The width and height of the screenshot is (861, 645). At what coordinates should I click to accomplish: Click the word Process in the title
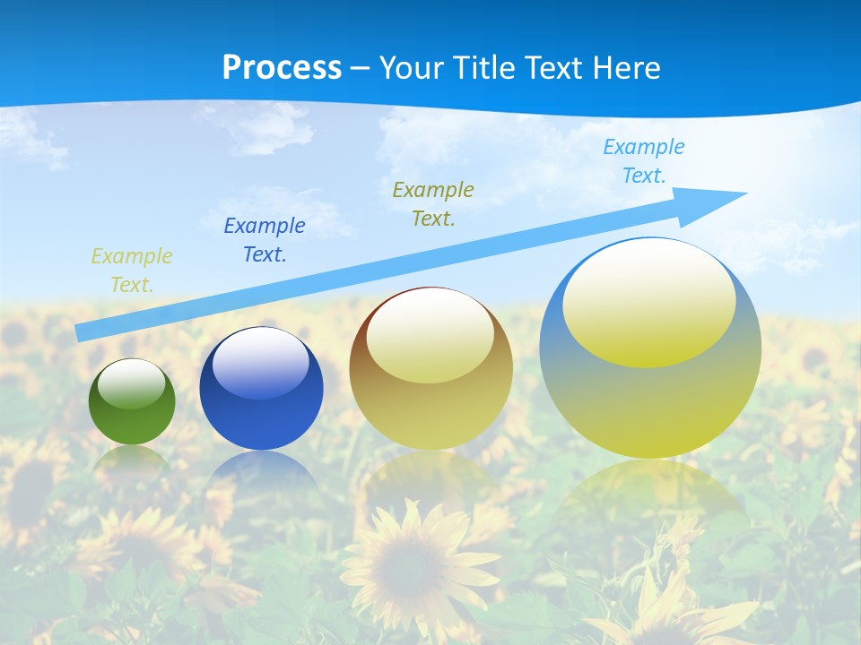coord(282,68)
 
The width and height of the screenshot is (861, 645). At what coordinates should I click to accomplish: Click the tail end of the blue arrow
coord(81,332)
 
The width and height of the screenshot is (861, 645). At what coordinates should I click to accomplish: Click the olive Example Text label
coord(433,203)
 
